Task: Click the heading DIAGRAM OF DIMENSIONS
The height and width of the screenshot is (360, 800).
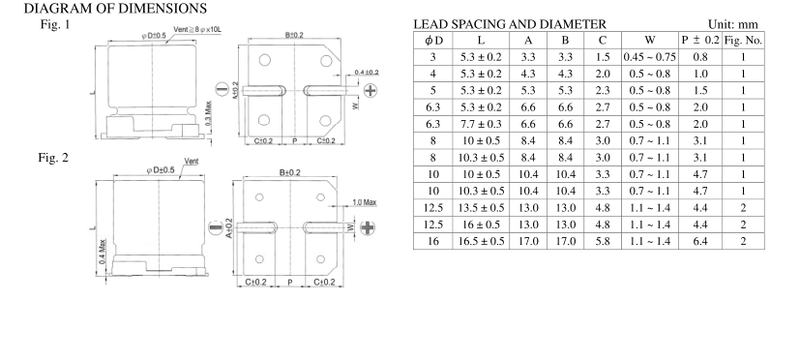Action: point(115,8)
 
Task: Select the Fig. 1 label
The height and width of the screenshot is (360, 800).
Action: point(55,24)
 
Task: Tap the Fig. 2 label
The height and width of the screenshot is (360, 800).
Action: point(53,158)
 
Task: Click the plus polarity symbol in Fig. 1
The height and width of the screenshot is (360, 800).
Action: point(370,90)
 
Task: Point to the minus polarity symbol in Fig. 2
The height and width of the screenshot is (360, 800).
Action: point(216,227)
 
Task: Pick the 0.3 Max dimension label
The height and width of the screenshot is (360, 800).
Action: point(208,113)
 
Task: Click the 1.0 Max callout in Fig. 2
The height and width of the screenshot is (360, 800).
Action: point(365,202)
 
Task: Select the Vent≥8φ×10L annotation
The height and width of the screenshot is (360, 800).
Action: point(197,30)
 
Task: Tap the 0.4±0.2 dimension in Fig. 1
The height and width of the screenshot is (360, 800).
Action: point(367,72)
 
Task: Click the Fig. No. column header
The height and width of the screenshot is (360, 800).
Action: point(743,41)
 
